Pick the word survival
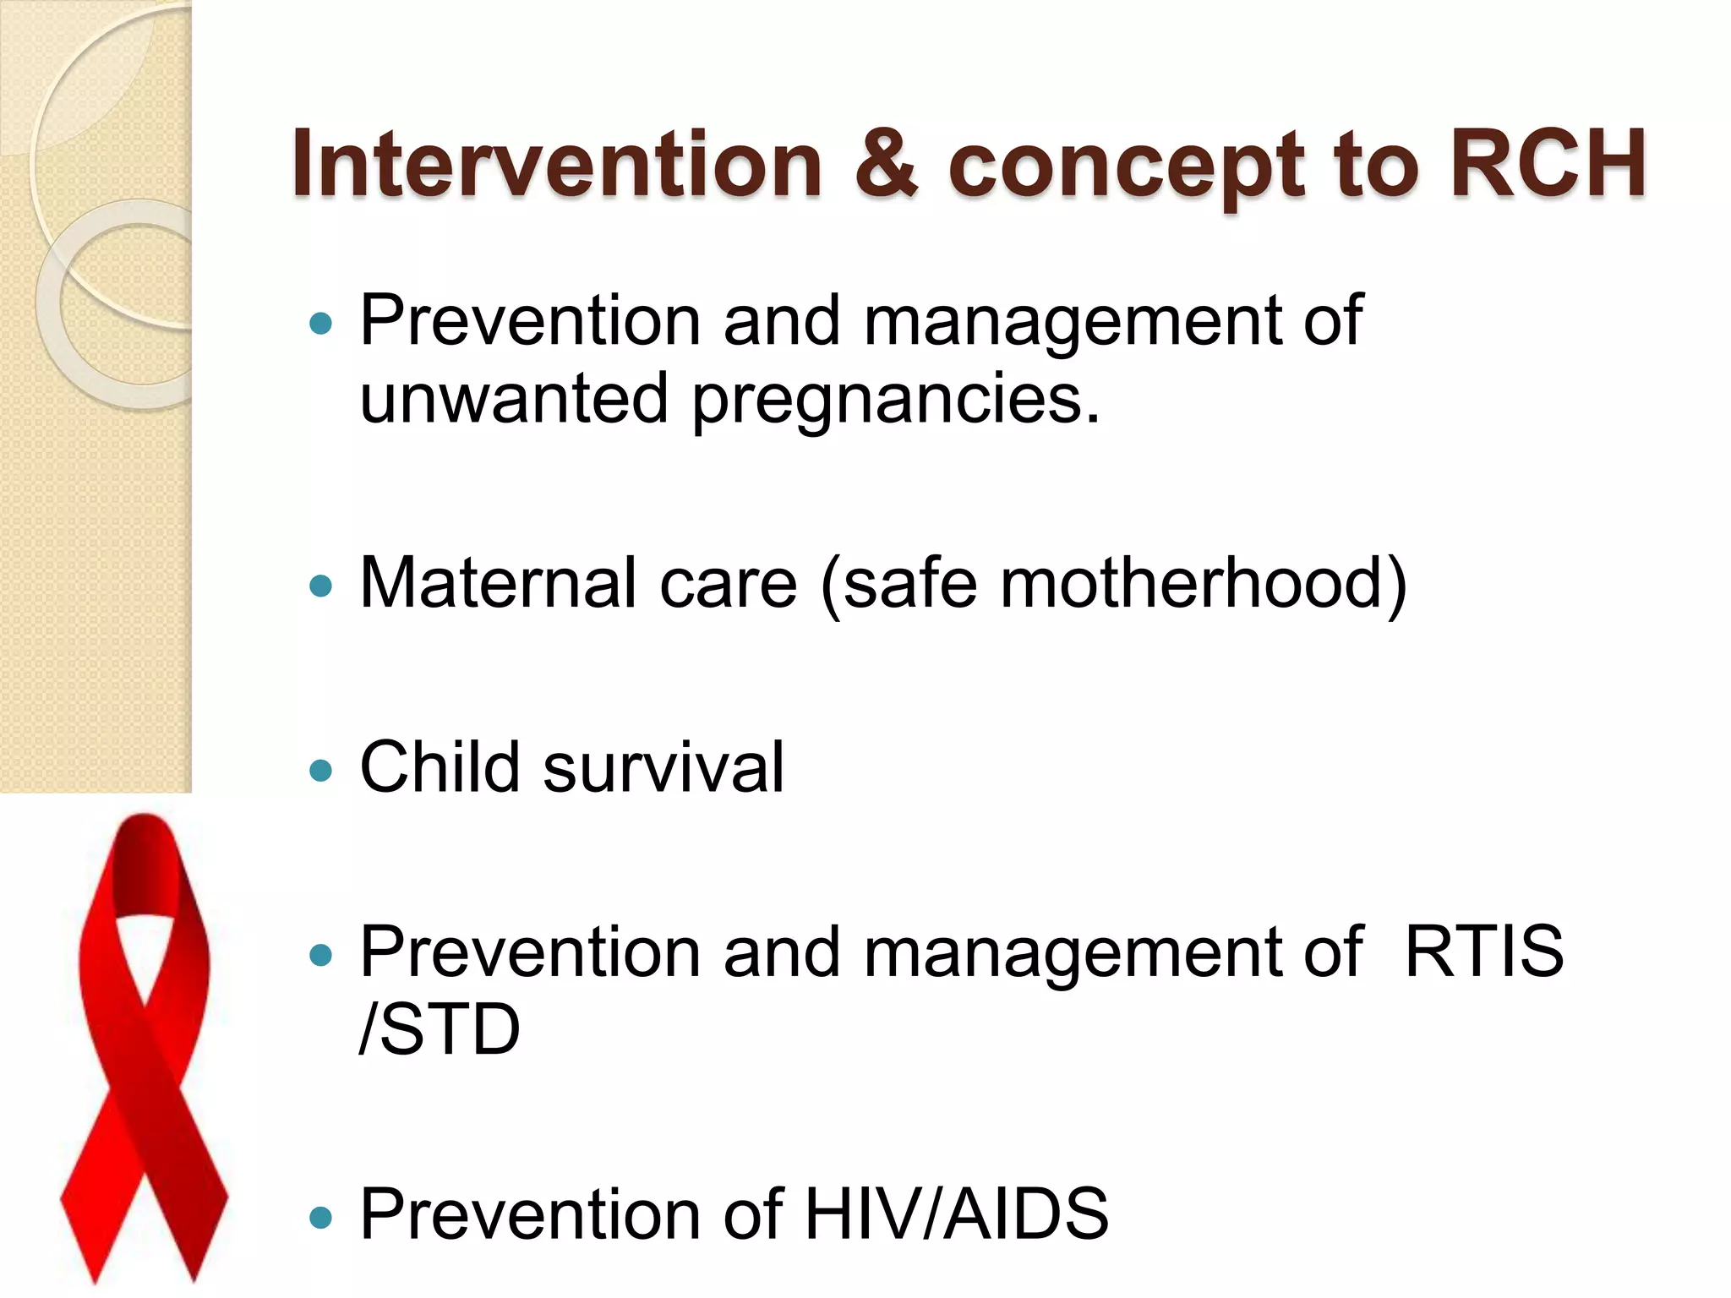coord(663,766)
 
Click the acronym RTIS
coord(1483,952)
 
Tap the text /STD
coord(440,1029)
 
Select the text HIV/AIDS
coord(956,1213)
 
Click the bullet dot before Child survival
coord(321,770)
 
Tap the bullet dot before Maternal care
coord(321,586)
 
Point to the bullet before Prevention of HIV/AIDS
coord(321,1217)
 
